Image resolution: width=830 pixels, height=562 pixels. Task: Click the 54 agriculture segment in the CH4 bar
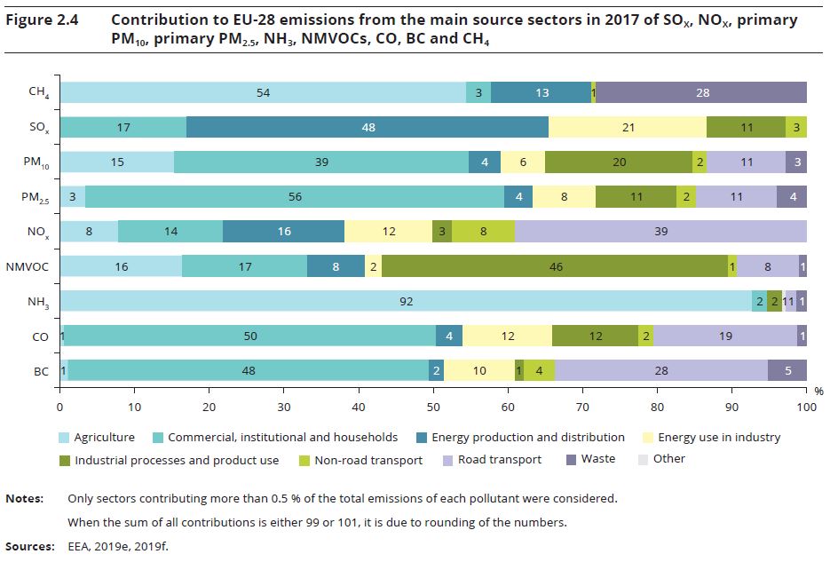click(x=262, y=93)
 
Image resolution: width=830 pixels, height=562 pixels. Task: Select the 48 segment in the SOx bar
click(x=368, y=128)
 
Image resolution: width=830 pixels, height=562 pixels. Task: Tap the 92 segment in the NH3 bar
click(x=406, y=302)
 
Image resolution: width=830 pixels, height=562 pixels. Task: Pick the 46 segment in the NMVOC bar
click(x=555, y=266)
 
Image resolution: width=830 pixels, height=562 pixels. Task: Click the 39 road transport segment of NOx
click(x=660, y=232)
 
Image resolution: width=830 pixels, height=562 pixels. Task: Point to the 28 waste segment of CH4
click(x=701, y=93)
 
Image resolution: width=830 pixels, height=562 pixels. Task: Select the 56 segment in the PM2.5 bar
click(x=294, y=197)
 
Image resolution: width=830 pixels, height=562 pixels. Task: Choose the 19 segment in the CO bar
click(x=725, y=336)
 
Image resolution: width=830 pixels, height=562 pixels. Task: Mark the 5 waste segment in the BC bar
click(x=787, y=371)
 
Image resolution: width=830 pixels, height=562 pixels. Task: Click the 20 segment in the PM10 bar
click(x=619, y=162)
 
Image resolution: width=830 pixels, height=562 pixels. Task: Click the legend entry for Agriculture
click(x=104, y=437)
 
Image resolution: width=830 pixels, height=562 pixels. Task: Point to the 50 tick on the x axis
click(x=433, y=408)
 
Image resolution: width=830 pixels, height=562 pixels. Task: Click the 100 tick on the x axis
click(x=806, y=408)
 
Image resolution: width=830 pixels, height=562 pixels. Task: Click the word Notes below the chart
click(x=25, y=499)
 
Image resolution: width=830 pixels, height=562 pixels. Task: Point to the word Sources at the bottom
click(x=29, y=545)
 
